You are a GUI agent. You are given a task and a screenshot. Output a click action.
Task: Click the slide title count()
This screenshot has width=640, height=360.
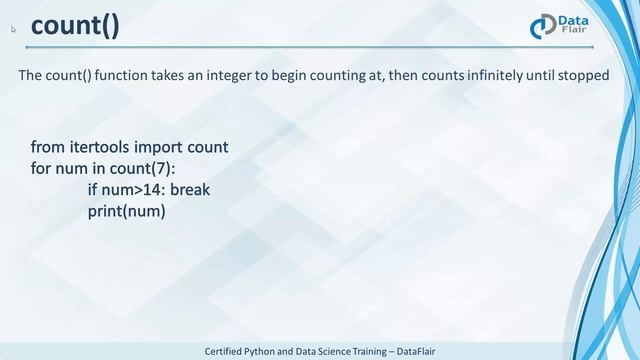pyautogui.click(x=75, y=26)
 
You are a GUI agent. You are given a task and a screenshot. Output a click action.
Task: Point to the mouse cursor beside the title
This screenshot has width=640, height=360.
pyautogui.click(x=14, y=30)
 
